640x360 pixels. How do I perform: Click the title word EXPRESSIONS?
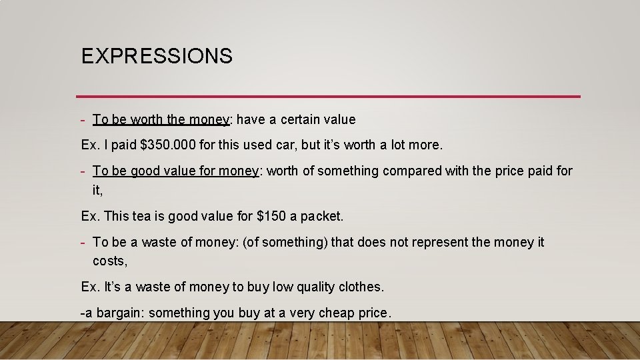click(x=157, y=56)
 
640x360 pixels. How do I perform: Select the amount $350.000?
click(x=168, y=145)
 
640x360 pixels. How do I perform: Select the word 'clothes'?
click(x=360, y=287)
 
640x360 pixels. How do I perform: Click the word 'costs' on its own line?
click(x=109, y=261)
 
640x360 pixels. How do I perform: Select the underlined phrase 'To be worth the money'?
click(x=161, y=120)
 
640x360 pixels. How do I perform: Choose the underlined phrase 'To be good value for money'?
click(x=175, y=171)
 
